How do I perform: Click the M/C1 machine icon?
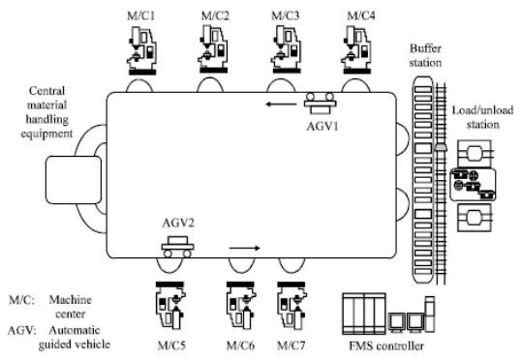coord(141,50)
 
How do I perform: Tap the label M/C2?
coord(215,15)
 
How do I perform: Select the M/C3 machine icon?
coord(287,50)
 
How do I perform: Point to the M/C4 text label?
coord(361,15)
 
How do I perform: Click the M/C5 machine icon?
coord(170,306)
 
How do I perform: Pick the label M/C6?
coord(240,345)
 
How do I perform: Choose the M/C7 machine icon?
coord(292,306)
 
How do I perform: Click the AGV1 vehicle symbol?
coord(320,104)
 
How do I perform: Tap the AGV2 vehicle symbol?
coord(178,247)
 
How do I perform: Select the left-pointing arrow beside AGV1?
coord(281,105)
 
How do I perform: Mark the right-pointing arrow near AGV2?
coord(245,248)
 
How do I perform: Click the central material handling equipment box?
coord(74,180)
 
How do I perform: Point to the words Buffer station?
coord(425,55)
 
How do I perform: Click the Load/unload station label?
coord(482,117)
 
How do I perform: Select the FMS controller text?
coord(386,345)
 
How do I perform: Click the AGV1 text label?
coord(322,127)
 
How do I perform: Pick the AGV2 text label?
coord(178,223)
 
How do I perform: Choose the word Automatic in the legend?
coord(75,330)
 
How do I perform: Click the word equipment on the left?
coord(46,134)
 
